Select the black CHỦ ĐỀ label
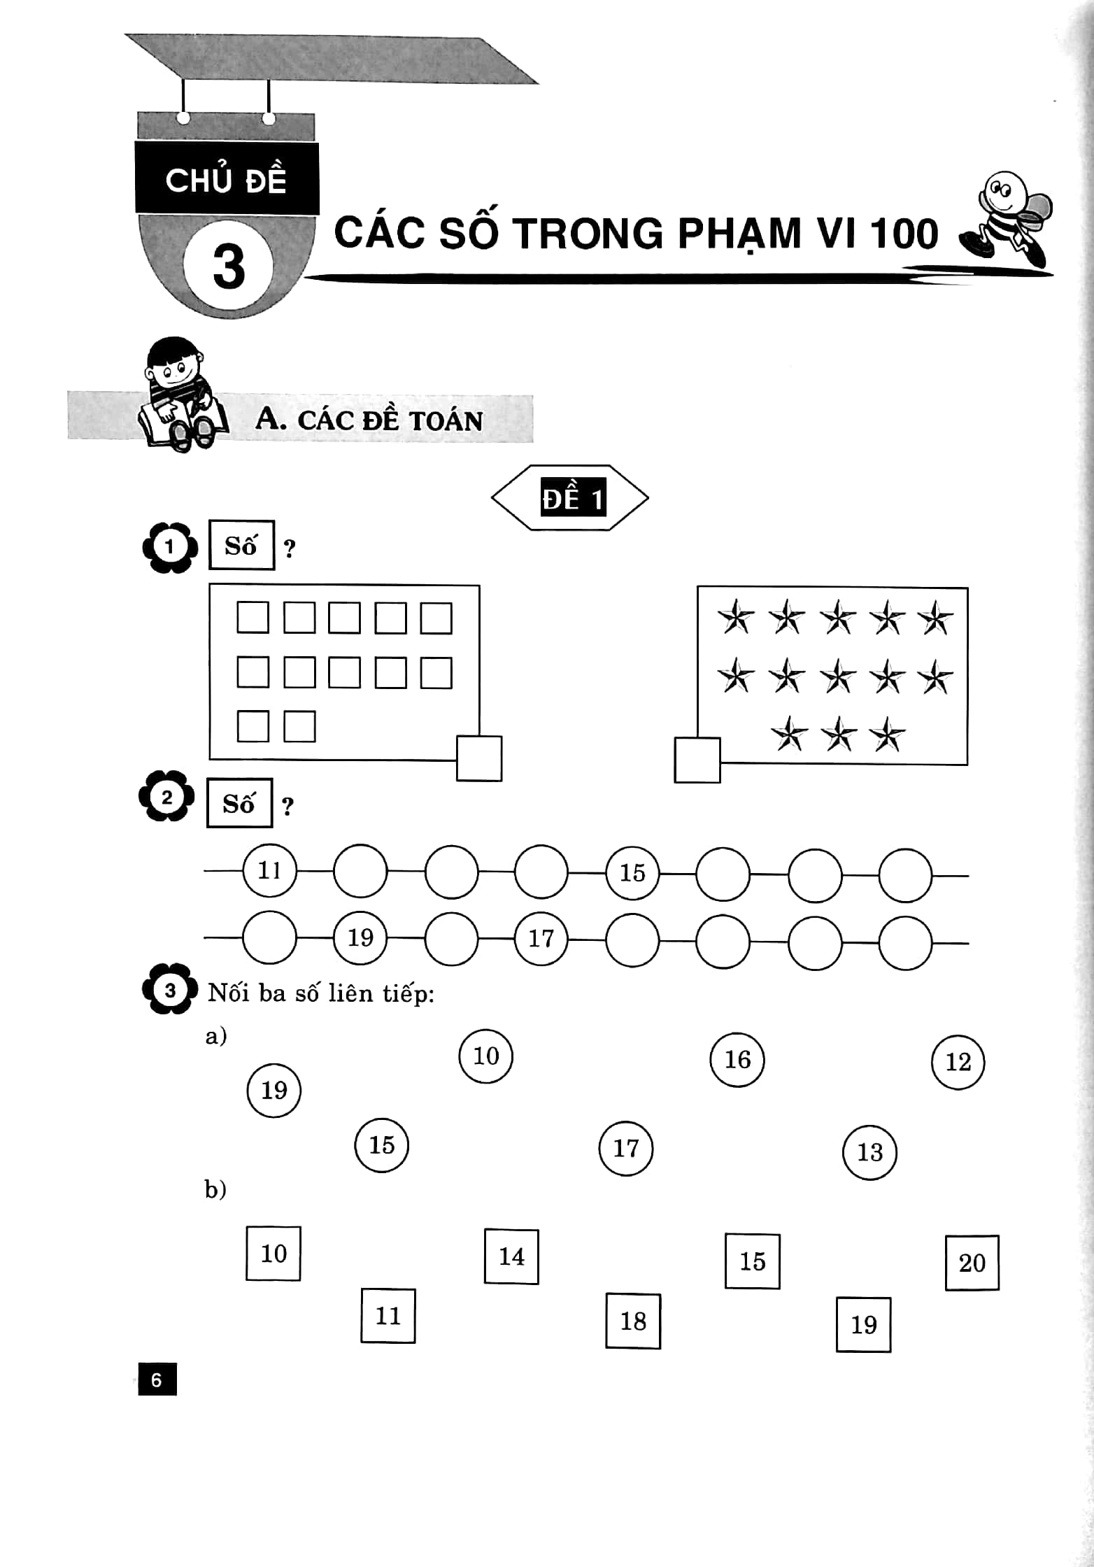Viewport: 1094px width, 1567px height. tap(227, 178)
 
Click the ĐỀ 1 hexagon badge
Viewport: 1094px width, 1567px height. tap(570, 497)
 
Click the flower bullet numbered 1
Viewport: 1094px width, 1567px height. tap(170, 547)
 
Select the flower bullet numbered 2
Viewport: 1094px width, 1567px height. tap(167, 797)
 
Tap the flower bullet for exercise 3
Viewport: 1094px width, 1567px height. tap(170, 990)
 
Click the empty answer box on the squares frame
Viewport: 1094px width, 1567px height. tap(479, 758)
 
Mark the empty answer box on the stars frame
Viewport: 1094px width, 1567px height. tap(697, 760)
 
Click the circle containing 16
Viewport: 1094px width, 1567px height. tap(737, 1060)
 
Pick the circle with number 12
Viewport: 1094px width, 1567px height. tap(958, 1063)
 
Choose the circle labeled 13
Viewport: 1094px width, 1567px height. tap(869, 1152)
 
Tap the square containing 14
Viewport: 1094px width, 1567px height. tap(511, 1256)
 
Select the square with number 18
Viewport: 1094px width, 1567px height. tap(633, 1321)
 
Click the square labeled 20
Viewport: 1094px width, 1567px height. tap(972, 1263)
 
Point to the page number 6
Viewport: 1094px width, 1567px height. tap(157, 1380)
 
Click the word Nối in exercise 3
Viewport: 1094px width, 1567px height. tap(228, 993)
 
